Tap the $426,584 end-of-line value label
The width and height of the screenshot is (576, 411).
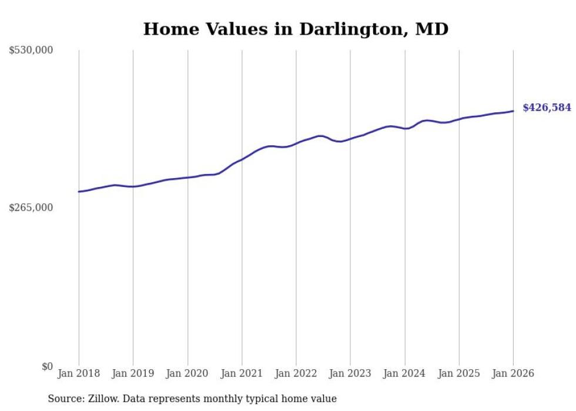(547, 108)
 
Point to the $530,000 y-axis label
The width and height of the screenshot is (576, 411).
(31, 51)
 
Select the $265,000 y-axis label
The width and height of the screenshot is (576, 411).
(31, 208)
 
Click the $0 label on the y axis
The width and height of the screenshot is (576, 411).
(47, 366)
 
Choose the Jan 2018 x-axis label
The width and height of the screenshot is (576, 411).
(79, 373)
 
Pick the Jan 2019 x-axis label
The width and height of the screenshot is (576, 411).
(133, 373)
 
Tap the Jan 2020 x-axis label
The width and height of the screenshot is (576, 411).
(187, 373)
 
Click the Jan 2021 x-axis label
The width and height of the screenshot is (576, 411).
(242, 373)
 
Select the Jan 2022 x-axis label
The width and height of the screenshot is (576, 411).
(296, 373)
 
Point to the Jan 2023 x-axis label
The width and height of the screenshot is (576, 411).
(350, 373)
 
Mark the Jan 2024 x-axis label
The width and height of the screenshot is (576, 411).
(405, 373)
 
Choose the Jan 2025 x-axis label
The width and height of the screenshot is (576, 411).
(459, 373)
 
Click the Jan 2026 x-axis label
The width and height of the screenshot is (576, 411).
(513, 373)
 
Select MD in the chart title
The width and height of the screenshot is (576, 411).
(432, 29)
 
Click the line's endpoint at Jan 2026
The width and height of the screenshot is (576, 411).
(513, 111)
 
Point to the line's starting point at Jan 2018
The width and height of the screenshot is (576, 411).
(79, 192)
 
